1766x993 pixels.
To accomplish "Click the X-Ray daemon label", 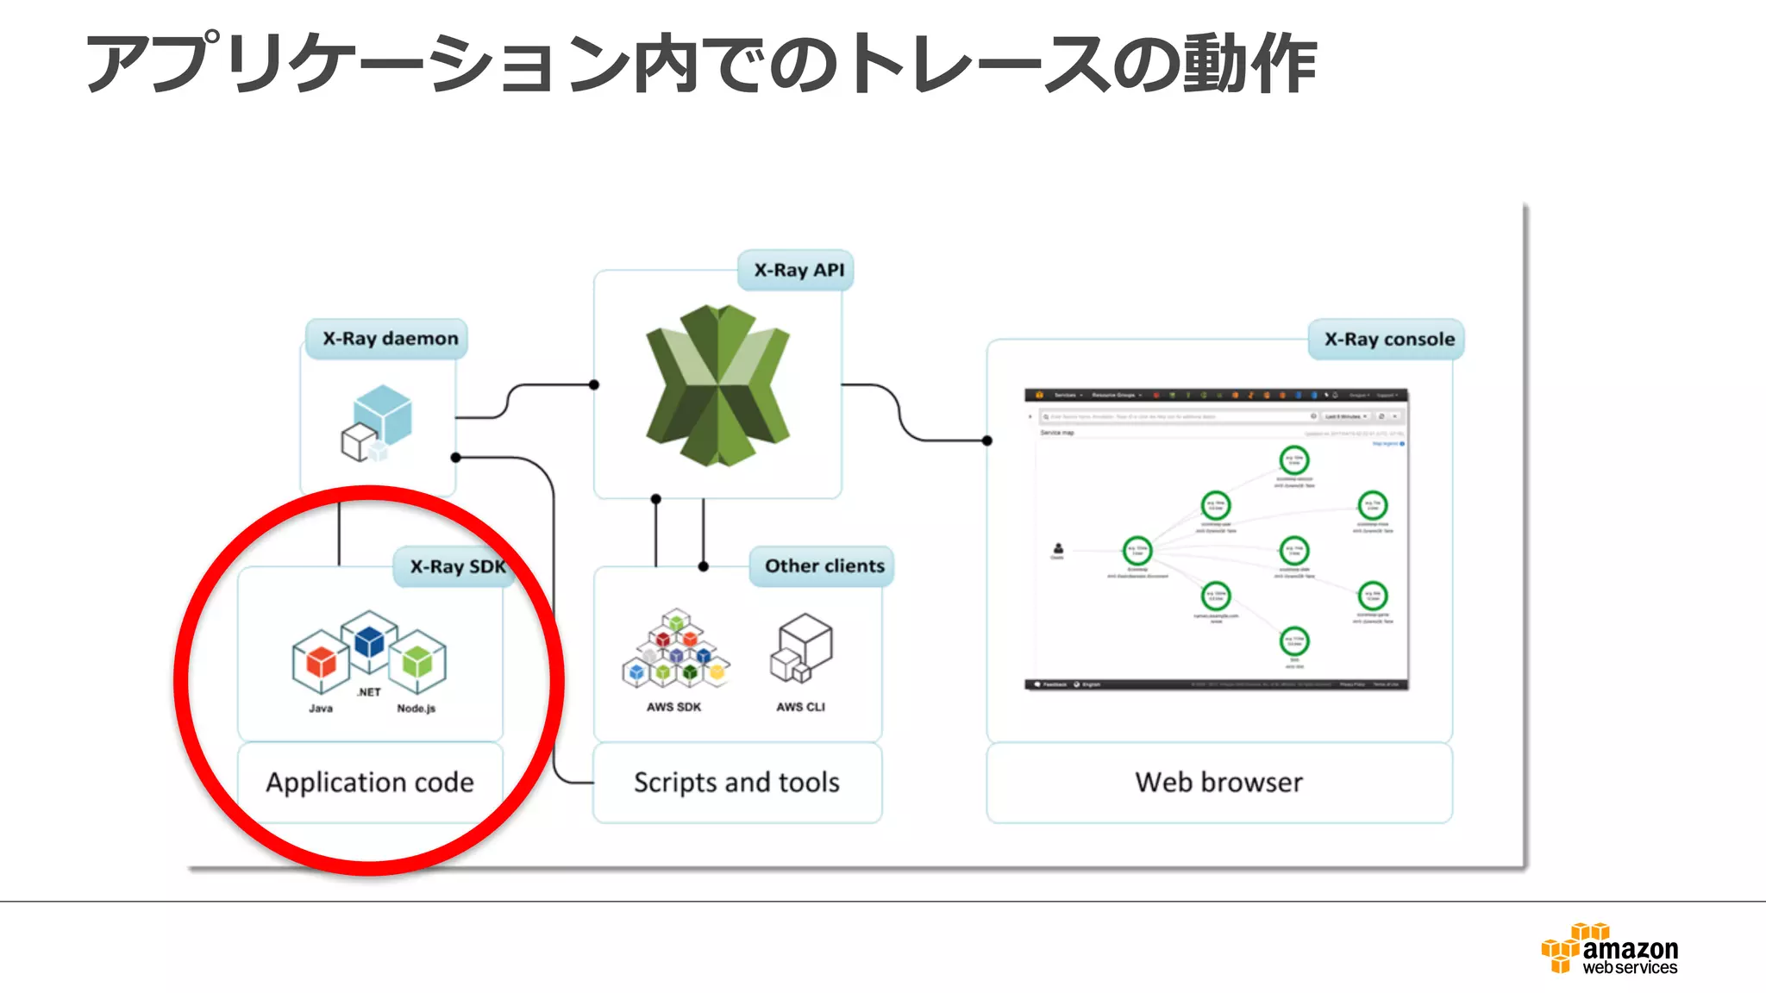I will (389, 339).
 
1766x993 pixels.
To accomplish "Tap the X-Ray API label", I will (798, 271).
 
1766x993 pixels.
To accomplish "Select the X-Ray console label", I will (1388, 340).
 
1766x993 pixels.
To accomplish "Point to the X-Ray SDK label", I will (456, 567).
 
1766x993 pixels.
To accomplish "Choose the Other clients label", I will (824, 566).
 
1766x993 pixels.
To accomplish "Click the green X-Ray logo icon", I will (717, 384).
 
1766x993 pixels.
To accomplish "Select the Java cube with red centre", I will (321, 662).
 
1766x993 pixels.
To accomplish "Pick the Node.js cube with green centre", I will (417, 661).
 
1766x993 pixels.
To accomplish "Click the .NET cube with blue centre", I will (369, 641).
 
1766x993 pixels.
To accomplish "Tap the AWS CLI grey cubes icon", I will (801, 647).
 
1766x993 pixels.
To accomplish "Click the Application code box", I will (370, 783).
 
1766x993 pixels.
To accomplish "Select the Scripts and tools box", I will (737, 783).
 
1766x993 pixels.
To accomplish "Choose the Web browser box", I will (1219, 783).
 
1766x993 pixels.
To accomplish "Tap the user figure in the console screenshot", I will (1058, 548).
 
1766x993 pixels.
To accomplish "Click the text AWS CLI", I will (800, 708).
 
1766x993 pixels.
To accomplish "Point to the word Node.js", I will (416, 709).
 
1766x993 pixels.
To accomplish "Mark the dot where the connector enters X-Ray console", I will (987, 440).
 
